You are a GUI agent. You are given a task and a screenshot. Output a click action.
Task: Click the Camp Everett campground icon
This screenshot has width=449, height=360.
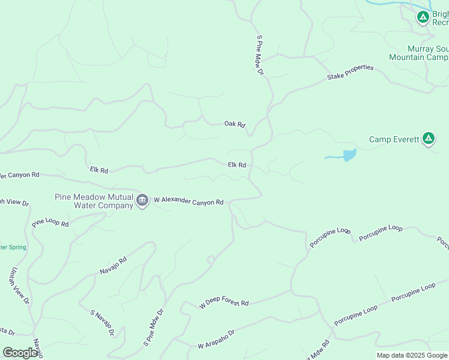pyautogui.click(x=428, y=139)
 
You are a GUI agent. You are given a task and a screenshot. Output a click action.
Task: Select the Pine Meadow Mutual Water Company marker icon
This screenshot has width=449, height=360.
pyautogui.click(x=142, y=200)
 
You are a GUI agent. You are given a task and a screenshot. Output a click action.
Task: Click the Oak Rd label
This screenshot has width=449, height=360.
pyautogui.click(x=235, y=124)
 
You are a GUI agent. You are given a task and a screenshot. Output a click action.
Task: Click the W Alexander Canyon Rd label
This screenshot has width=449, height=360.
pyautogui.click(x=188, y=201)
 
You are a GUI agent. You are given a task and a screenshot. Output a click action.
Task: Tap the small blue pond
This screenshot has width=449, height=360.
pyautogui.click(x=349, y=155)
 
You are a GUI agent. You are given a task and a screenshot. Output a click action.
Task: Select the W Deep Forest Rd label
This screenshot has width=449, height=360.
pyautogui.click(x=224, y=304)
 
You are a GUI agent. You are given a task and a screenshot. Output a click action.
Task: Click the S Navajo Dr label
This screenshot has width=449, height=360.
pyautogui.click(x=102, y=323)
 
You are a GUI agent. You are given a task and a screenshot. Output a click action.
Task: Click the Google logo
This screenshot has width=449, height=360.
pyautogui.click(x=20, y=353)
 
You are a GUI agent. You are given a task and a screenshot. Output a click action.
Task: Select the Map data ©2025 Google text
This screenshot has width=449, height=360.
pyautogui.click(x=412, y=355)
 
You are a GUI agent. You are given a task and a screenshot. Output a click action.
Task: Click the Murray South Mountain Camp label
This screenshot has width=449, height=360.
pyautogui.click(x=418, y=53)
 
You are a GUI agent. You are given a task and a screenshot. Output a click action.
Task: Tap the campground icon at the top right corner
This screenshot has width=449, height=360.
pyautogui.click(x=423, y=17)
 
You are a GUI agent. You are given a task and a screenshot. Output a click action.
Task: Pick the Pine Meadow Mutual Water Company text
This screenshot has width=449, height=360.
pyautogui.click(x=94, y=201)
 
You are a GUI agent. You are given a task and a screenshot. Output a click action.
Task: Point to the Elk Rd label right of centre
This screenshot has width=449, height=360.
pyautogui.click(x=237, y=165)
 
